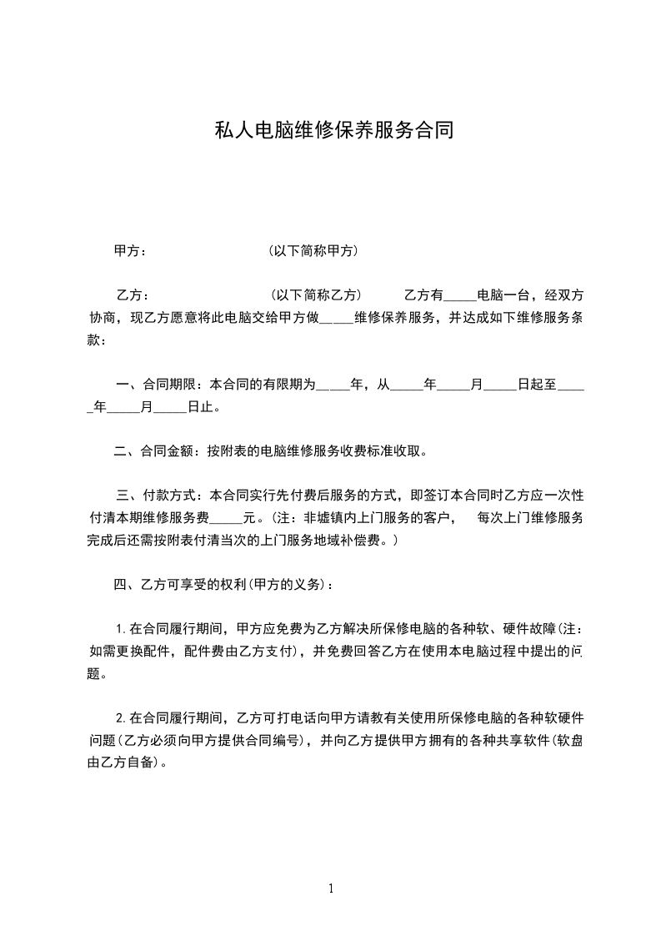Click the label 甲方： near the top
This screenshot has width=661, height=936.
point(131,250)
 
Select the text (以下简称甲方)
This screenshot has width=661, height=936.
point(313,250)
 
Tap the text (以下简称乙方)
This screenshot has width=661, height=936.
point(315,294)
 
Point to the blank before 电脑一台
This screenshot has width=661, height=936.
point(459,294)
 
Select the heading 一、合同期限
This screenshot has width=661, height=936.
point(156,385)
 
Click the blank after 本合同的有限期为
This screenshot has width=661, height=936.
point(333,385)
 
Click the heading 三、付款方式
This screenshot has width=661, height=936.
point(156,496)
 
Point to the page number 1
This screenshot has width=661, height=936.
point(331,888)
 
